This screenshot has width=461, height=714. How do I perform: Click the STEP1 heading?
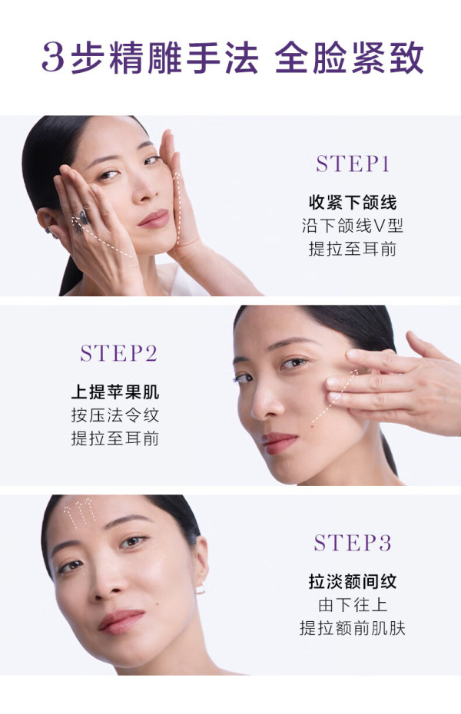tap(353, 164)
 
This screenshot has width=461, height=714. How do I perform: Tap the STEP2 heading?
tap(119, 353)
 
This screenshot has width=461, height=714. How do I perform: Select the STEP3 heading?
tap(353, 543)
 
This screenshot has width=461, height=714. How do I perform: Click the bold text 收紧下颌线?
tap(353, 202)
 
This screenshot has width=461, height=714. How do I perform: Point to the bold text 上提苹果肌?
tap(114, 392)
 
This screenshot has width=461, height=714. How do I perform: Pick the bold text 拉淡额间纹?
tap(353, 581)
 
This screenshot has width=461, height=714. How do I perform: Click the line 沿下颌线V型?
tap(353, 226)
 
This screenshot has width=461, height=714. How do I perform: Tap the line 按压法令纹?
tap(114, 415)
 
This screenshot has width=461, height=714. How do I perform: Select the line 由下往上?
tap(353, 605)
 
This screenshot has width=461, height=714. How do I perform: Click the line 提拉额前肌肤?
tap(353, 628)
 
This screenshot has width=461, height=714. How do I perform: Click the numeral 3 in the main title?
tap(53, 58)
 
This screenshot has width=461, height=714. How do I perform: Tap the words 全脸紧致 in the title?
tap(350, 58)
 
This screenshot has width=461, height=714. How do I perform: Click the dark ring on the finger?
tap(84, 218)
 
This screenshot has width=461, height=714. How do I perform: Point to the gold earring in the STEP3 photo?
tap(201, 590)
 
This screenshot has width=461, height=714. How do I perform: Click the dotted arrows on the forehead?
tap(79, 514)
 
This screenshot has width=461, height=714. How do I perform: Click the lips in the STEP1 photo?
tap(154, 219)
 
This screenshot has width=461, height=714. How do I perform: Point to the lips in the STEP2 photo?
tap(279, 443)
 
